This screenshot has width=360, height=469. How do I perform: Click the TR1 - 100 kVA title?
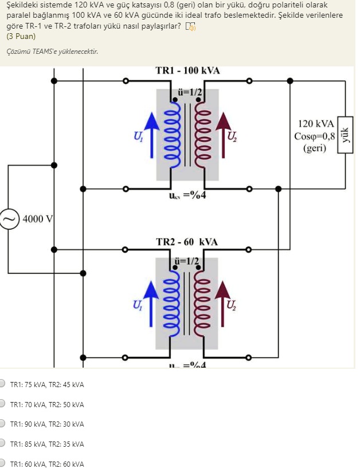click(187, 70)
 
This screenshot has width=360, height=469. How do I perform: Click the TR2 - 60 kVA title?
click(187, 242)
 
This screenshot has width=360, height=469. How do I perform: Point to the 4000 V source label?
click(38, 219)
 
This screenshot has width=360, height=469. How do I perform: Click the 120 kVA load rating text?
click(315, 123)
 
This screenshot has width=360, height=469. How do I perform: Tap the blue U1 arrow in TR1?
click(151, 135)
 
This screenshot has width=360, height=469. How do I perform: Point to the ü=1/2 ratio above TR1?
click(187, 92)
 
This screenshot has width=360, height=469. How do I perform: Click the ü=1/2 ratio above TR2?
click(187, 262)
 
